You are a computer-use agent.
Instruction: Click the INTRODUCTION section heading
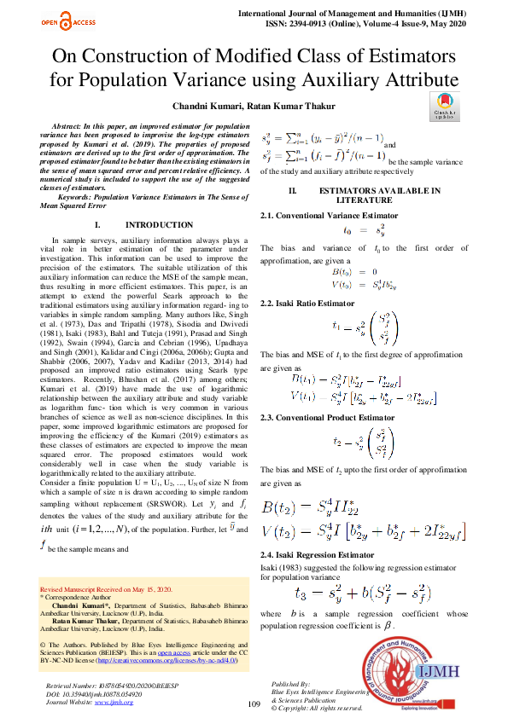click(x=159, y=225)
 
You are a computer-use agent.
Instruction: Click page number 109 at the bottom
click(x=254, y=704)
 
